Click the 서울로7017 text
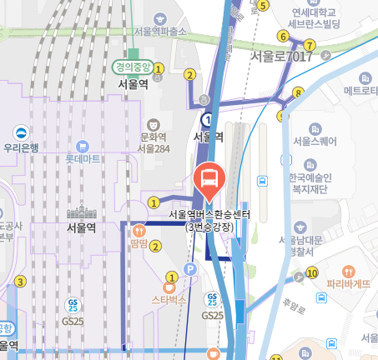click(x=276, y=56)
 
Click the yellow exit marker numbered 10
click(x=312, y=272)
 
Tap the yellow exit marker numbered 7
click(x=310, y=45)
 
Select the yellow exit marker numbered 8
click(x=298, y=92)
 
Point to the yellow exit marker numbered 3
click(x=20, y=282)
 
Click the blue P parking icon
click(x=189, y=269)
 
